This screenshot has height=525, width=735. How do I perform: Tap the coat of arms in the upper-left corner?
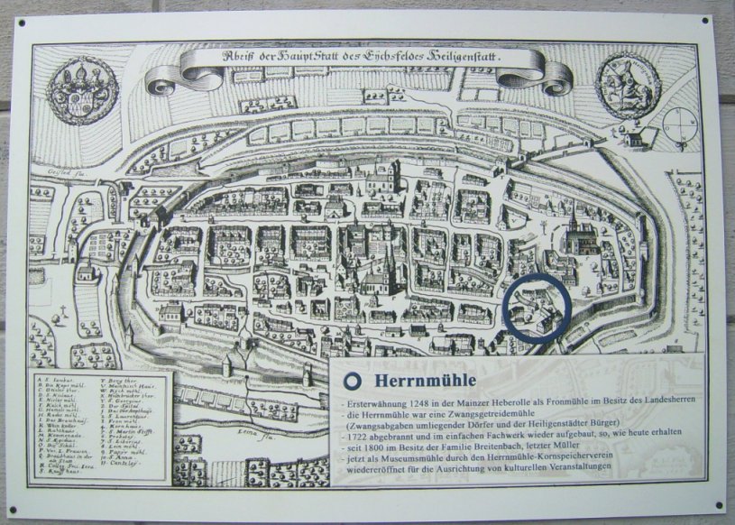(x=82, y=89)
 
